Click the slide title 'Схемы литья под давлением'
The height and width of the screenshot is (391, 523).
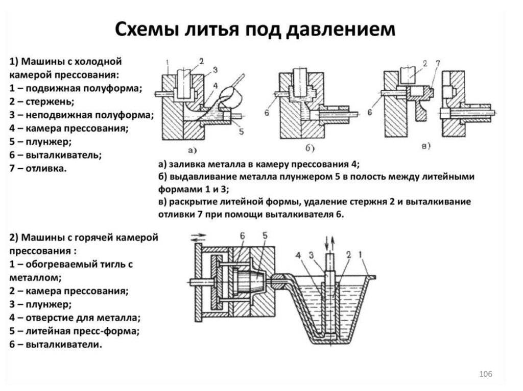click(254, 30)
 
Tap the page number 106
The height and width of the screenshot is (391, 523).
click(485, 375)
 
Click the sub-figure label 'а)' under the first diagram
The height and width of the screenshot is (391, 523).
click(193, 149)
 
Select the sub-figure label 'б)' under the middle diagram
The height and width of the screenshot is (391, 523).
click(310, 148)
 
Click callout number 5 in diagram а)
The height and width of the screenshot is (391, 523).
click(240, 132)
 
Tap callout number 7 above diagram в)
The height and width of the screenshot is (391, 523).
click(437, 63)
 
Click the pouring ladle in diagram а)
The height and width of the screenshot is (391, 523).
click(228, 97)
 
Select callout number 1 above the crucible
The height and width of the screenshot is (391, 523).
click(362, 253)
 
